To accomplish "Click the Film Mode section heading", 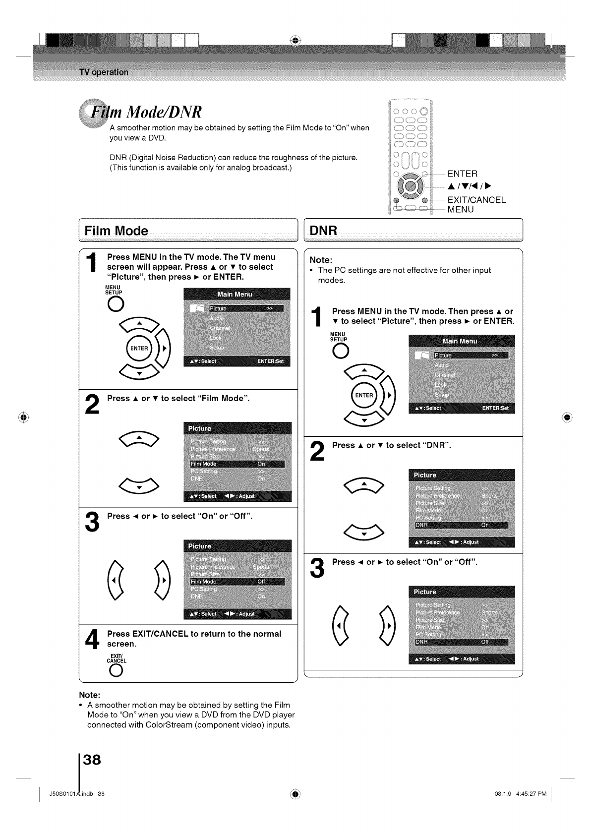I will coord(117,231).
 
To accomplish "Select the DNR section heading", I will coord(323,231).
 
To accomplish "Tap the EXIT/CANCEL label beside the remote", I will coord(476,200).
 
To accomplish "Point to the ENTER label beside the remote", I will coord(463,174).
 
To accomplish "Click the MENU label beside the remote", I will coord(461,210).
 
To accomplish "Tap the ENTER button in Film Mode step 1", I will coord(139,348).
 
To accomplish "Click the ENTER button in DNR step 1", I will coord(364,395).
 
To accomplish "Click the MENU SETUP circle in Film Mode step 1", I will coord(114,303).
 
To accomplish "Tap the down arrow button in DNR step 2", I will coord(364,533).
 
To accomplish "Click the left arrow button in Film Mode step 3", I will coord(115,580).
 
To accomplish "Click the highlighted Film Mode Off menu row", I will coord(237,582).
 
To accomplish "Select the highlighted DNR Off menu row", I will coord(462,642).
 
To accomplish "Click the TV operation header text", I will coord(104,72).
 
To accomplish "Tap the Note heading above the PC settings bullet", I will coord(320,260).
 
